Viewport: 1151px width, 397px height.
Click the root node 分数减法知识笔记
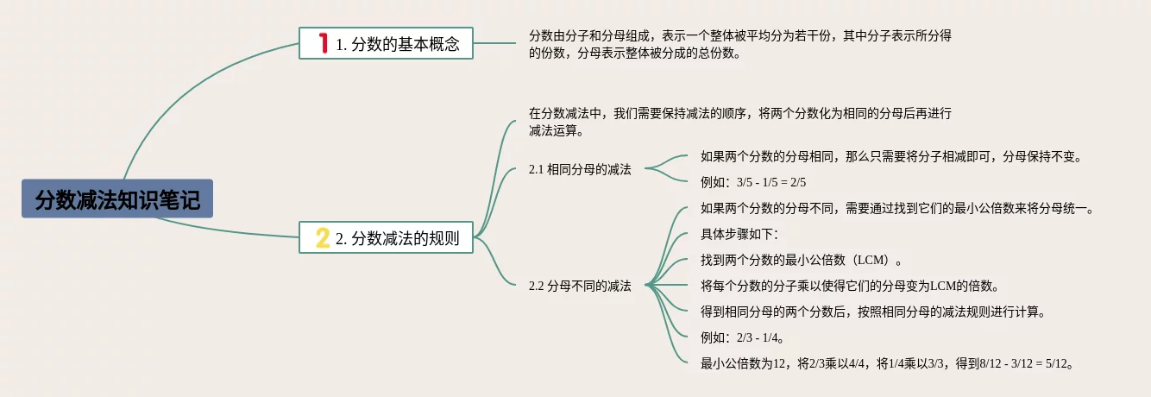117,199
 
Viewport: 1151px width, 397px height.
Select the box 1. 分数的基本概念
386,43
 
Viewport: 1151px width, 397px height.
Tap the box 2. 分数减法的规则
386,237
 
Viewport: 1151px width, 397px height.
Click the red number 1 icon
324,43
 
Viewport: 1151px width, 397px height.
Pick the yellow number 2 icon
323,237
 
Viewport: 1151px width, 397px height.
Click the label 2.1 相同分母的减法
580,170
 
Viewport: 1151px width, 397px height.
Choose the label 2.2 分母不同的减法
580,286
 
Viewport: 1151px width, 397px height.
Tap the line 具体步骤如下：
740,234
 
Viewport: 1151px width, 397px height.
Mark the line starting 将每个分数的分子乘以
850,286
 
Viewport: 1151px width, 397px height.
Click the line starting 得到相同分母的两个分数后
873,312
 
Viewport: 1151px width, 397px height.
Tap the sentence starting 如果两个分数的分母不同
897,208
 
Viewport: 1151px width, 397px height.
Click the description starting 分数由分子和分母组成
740,45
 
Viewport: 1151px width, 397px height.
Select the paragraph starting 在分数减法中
740,122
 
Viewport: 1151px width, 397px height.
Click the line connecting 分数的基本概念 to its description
494,43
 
